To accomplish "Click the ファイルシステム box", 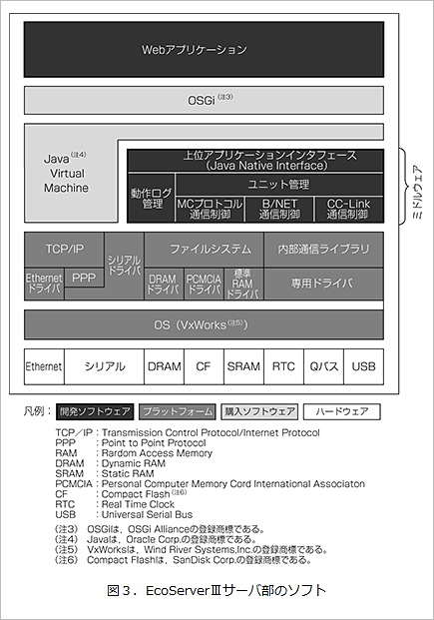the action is point(204,250).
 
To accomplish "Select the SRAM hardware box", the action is point(243,366).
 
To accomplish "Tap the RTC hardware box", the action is point(283,366).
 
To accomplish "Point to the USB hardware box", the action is point(363,366).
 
